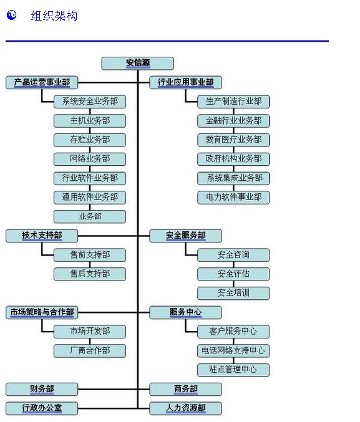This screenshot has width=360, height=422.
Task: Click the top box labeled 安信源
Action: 138,64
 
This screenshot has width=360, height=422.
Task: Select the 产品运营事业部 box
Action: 42,83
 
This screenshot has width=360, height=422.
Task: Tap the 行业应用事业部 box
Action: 186,83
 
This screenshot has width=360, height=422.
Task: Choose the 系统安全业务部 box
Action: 90,102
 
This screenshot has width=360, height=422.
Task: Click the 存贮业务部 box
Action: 90,140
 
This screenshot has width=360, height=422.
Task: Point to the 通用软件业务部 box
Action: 90,198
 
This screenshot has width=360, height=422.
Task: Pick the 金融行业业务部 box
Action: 233,121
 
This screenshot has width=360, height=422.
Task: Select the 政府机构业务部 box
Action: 233,159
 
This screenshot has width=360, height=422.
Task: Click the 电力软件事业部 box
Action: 233,198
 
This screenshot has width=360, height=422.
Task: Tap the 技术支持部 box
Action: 42,236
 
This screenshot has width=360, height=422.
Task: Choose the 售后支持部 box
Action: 90,274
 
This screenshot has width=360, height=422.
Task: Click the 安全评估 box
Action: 233,274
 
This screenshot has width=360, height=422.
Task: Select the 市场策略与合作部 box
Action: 42,312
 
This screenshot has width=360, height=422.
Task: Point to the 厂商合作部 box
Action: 90,351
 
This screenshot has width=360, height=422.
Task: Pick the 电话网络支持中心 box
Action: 233,351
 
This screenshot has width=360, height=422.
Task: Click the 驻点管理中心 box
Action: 233,370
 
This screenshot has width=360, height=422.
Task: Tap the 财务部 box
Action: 42,389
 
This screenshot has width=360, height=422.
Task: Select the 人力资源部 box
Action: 186,408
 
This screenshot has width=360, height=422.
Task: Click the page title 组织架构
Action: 54,16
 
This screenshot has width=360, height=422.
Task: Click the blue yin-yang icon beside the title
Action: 12,15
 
